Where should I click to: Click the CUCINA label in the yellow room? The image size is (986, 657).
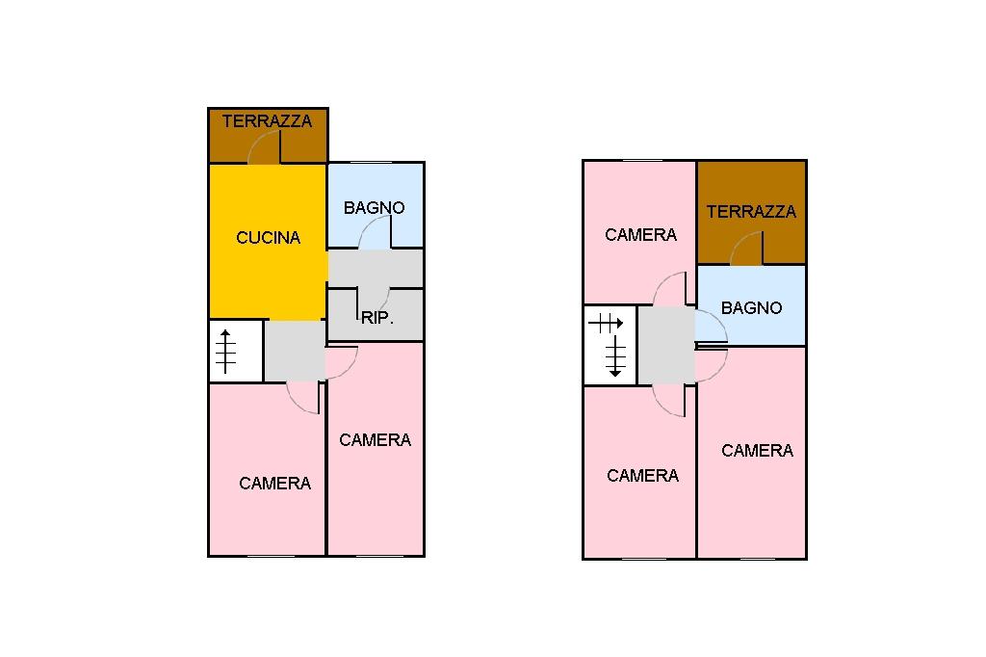268,238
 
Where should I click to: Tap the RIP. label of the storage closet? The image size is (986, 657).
376,318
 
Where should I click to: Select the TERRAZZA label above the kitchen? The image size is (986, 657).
267,120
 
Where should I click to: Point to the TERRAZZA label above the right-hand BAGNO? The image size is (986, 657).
751,211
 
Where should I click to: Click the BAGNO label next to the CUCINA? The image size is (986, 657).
375,208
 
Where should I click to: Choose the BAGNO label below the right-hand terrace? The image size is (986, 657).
751,307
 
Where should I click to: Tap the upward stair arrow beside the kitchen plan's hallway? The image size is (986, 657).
225,352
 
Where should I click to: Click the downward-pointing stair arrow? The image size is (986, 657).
615,356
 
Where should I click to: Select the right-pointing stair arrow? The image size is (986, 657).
606,324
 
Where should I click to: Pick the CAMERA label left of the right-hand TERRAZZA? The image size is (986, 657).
640,235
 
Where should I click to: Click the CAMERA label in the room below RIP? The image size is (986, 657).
375,440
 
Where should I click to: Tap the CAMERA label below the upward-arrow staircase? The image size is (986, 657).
274,484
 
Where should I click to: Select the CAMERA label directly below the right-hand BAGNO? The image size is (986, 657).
757,451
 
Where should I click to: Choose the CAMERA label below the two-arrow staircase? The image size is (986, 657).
642,476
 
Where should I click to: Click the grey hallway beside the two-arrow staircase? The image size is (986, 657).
666,345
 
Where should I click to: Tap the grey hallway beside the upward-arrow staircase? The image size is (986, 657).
295,351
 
